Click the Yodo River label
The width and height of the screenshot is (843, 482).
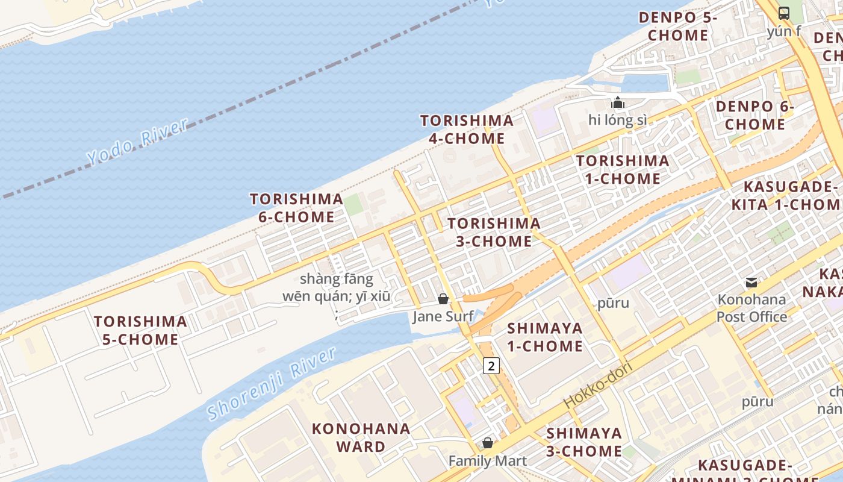point(137,142)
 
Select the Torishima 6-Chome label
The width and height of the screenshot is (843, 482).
point(296,208)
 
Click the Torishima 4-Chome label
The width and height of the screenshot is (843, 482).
point(467,130)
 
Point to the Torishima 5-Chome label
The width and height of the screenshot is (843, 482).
point(140,330)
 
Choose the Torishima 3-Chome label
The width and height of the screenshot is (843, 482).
point(494,233)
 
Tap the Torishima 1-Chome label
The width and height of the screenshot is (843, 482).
point(622,170)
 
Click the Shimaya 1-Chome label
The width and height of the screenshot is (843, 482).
point(544,337)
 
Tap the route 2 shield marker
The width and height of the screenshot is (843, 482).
point(491,366)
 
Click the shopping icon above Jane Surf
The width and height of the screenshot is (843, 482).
point(443,299)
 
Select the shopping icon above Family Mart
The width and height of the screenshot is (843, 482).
point(488,443)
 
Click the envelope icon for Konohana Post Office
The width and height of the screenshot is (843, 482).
point(751,282)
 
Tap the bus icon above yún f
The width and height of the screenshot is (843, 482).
point(784,13)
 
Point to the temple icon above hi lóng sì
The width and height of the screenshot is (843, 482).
point(617,103)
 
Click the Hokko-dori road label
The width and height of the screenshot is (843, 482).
point(597,386)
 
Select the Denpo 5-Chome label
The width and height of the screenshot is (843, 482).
point(677,27)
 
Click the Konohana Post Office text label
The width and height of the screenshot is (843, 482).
point(751,308)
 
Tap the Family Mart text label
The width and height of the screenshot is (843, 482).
point(488,461)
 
